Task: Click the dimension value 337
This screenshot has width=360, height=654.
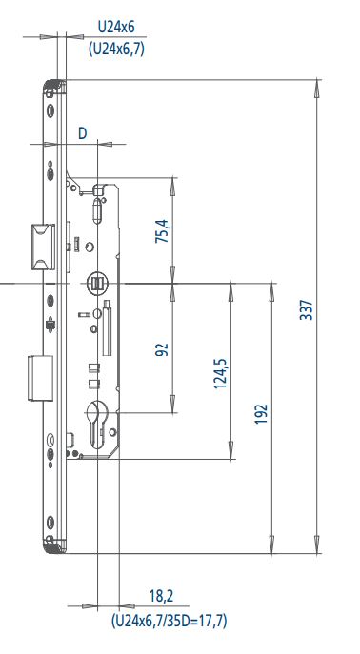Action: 306,309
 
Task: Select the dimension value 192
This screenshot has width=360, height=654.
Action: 262,414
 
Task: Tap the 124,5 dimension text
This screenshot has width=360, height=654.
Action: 220,373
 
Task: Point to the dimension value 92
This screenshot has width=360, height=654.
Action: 162,349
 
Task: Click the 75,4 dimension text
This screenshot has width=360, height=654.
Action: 163,230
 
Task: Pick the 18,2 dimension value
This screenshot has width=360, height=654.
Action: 162,596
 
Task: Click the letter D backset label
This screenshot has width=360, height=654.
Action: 83,133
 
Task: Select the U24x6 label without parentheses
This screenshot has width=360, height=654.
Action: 116,28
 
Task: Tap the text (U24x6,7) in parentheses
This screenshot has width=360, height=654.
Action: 116,50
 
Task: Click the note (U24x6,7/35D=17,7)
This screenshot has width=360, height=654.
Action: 169,621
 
